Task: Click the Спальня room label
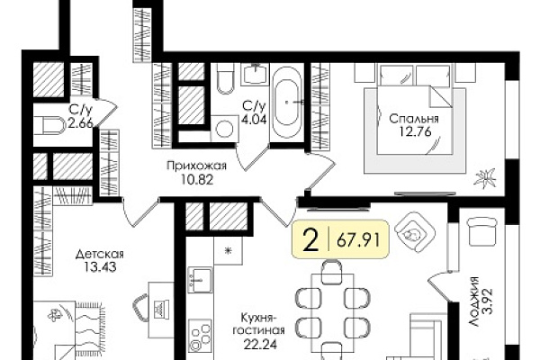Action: tap(414, 119)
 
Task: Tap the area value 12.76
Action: tap(415, 131)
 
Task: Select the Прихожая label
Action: tap(196, 166)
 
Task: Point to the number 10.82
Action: tap(197, 179)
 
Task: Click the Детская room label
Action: tap(100, 255)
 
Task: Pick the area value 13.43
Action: tap(100, 267)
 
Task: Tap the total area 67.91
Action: tap(358, 239)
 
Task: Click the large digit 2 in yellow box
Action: tap(311, 239)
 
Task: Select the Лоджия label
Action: tap(474, 301)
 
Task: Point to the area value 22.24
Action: tap(259, 344)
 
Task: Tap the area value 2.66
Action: tap(81, 123)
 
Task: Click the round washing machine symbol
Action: tap(224, 128)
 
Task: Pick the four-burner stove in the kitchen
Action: tap(200, 337)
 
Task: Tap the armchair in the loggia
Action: tap(482, 230)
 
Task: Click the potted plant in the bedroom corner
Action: tap(485, 179)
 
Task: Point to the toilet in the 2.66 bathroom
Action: tap(50, 125)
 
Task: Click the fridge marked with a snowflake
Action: tap(228, 250)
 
